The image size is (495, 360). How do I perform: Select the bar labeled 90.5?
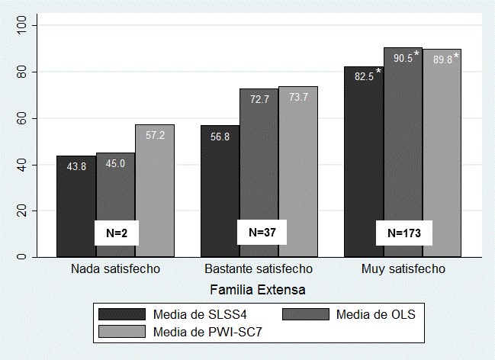(x=403, y=152)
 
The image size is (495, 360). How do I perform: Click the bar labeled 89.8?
(x=442, y=153)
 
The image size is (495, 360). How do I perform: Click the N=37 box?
(x=259, y=231)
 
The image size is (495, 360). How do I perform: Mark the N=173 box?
(x=403, y=233)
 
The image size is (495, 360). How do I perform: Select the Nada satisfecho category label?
(x=114, y=270)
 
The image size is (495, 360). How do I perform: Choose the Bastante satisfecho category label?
(x=259, y=270)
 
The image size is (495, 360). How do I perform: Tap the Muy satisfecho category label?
(x=403, y=270)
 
